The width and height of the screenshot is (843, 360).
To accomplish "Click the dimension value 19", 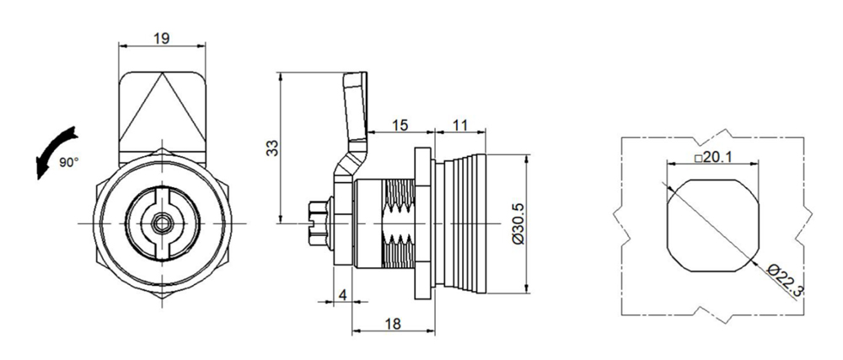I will point(160,37).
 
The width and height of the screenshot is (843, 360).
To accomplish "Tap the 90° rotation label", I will point(67,161).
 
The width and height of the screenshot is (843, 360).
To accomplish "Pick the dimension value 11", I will point(460,125).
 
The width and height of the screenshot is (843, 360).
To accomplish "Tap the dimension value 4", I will point(341,294).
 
